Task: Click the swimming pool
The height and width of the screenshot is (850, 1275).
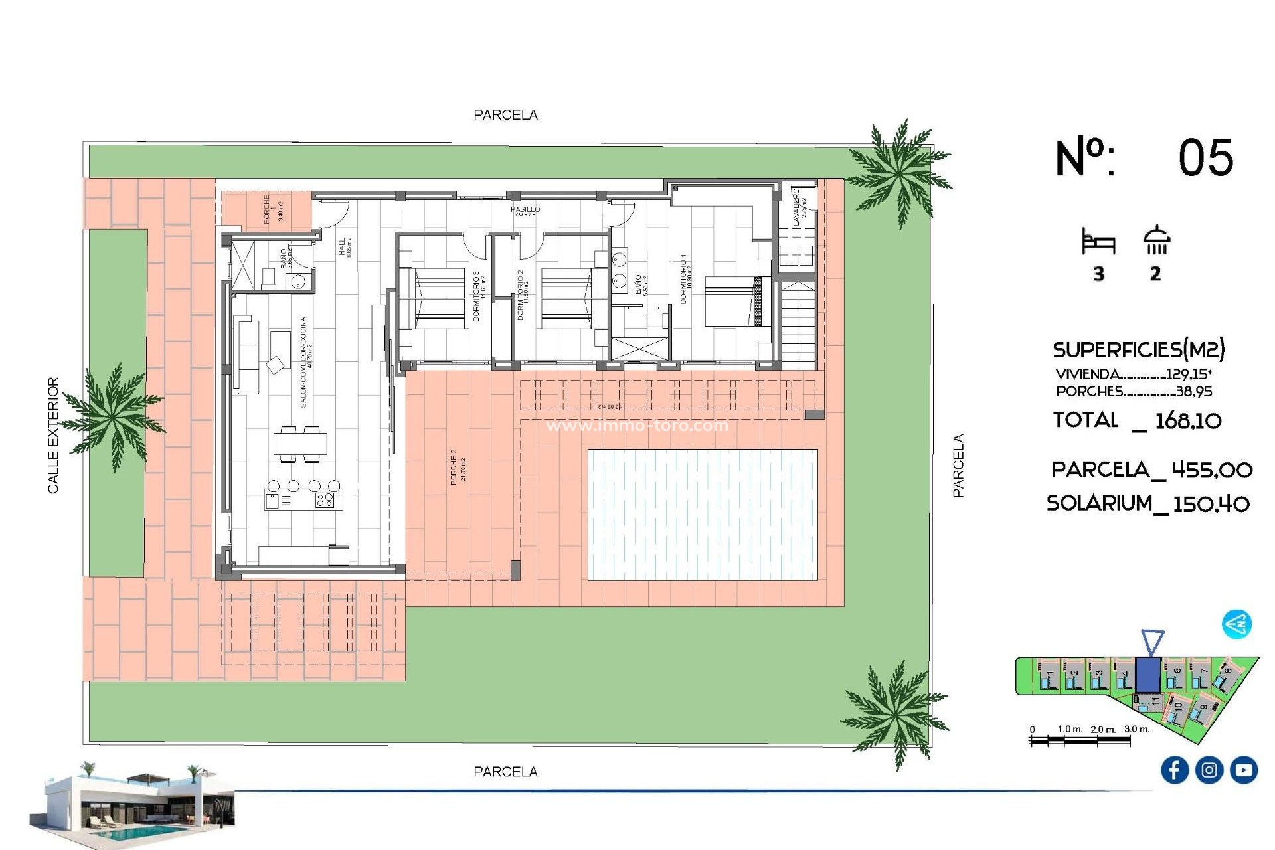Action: point(703,515)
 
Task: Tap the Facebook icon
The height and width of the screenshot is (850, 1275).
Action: point(1174,770)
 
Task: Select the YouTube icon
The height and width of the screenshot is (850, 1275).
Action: point(1243,770)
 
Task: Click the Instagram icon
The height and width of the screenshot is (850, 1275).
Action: point(1209,770)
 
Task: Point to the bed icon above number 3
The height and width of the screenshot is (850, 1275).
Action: point(1098,243)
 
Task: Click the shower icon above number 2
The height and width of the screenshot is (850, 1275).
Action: point(1156,241)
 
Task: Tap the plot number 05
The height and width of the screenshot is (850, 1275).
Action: point(1205,158)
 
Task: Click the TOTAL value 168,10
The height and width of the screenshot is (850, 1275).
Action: point(1188,420)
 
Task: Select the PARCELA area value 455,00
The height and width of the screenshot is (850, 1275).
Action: point(1211,470)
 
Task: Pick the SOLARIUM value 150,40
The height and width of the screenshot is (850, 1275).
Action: point(1211,504)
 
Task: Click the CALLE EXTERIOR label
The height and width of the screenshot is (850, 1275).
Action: point(53,435)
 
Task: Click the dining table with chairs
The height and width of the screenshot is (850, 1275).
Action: point(300,444)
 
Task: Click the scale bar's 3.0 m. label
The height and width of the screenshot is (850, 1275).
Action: point(1136,729)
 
